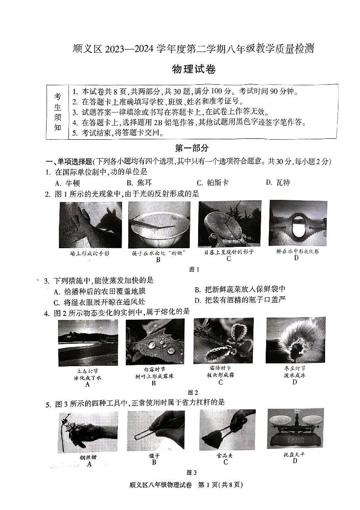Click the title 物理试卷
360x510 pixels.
click(193, 69)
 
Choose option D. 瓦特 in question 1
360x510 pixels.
click(277, 182)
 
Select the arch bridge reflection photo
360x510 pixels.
click(297, 223)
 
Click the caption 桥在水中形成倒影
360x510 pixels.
click(297, 251)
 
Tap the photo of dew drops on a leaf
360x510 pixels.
click(155, 342)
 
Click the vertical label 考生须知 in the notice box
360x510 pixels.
click(58, 112)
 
